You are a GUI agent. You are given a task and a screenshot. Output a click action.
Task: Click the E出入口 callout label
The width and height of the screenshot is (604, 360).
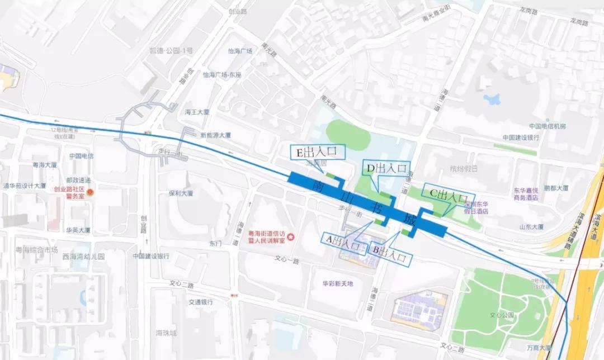pos(317,151)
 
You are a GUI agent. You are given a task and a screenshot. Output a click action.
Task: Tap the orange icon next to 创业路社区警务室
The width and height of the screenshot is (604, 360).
pos(91,192)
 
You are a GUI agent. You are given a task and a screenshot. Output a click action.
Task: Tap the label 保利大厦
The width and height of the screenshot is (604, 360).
pos(181,193)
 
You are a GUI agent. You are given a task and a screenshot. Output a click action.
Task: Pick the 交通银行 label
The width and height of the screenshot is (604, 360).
pos(201,302)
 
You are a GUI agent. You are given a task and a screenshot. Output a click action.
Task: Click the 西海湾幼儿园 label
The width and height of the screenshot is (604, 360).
pos(84,257)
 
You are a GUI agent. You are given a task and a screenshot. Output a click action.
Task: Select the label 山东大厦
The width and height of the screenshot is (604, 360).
pos(531,227)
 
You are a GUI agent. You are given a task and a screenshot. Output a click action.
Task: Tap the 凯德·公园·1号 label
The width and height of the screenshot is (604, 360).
pos(171,50)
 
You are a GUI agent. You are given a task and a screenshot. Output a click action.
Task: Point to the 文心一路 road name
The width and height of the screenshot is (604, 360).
pos(287,260)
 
